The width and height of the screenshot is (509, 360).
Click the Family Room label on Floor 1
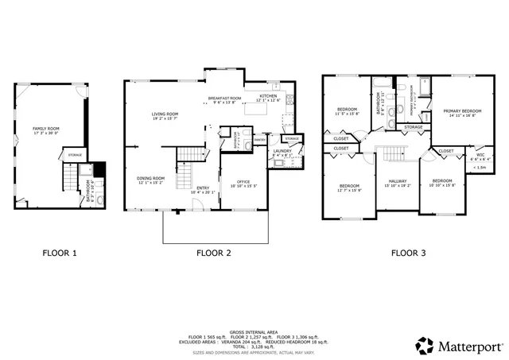click(x=45, y=128)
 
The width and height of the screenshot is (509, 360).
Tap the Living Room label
click(x=165, y=114)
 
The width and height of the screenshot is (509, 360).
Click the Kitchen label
click(x=268, y=96)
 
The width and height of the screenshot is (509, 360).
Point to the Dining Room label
click(x=150, y=179)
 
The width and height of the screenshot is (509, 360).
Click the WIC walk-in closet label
click(x=480, y=155)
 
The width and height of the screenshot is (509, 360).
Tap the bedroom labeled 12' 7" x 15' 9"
click(x=350, y=187)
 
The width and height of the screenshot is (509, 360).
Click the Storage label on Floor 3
click(x=413, y=127)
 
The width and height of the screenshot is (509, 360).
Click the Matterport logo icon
click(x=424, y=346)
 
